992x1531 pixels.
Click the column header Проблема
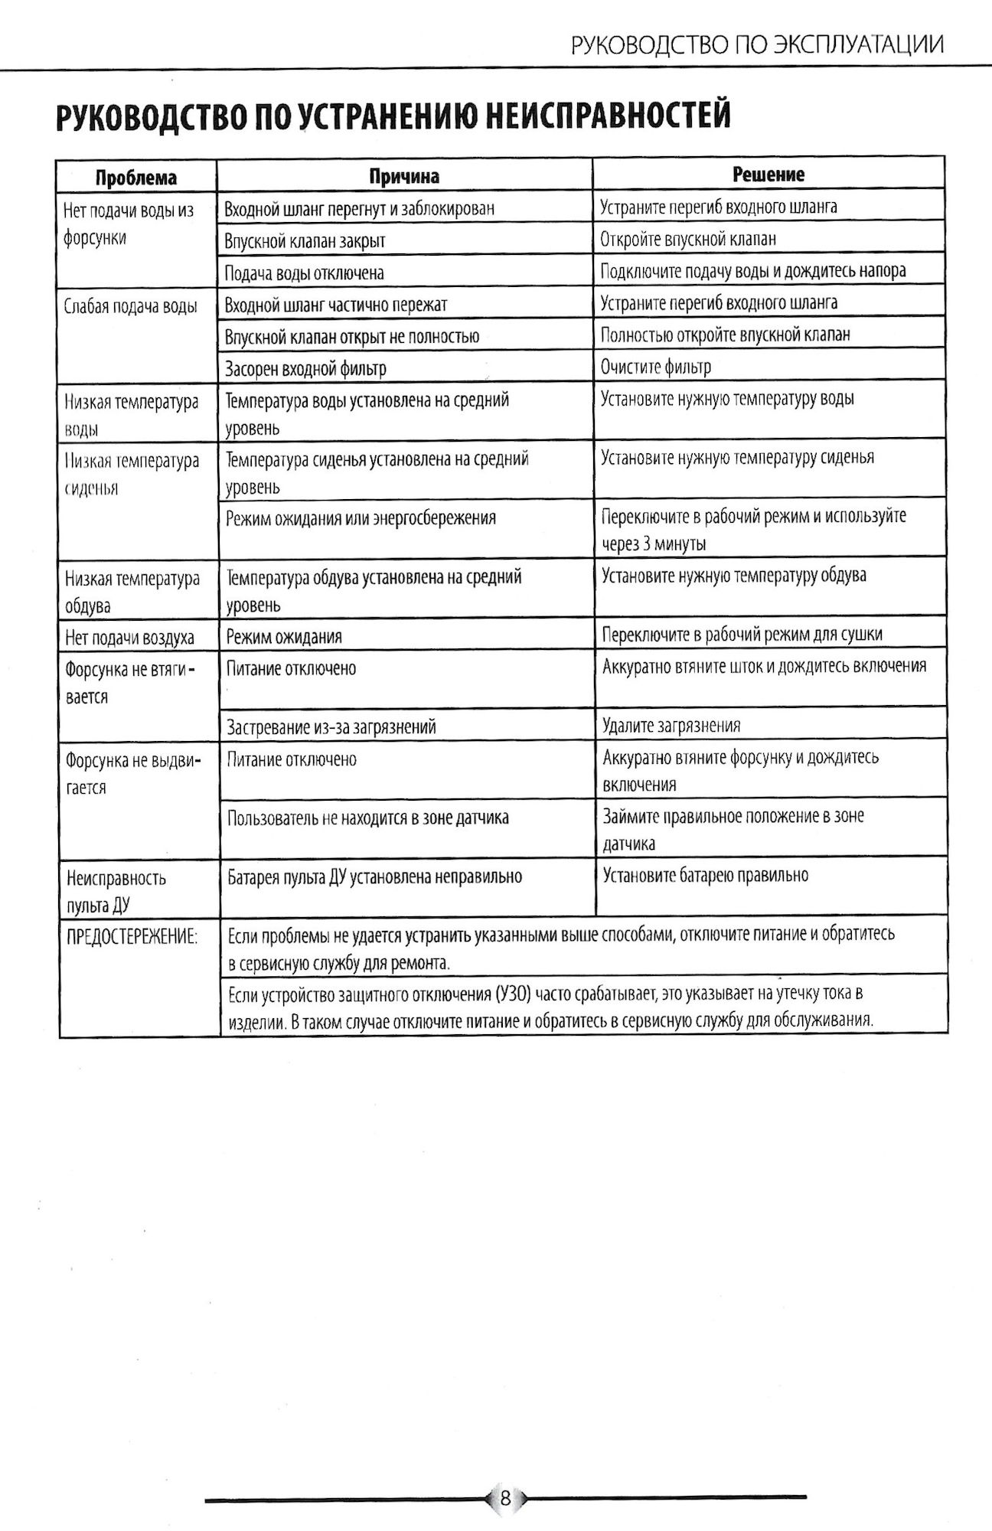[135, 178]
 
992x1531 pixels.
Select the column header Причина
[404, 176]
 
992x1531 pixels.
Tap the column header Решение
[768, 175]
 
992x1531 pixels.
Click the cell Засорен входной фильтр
[305, 369]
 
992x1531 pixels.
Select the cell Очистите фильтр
[656, 367]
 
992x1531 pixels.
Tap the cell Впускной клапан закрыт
[305, 241]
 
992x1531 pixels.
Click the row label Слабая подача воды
[130, 306]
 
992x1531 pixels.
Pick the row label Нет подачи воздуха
[129, 637]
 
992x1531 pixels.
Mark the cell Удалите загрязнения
[671, 726]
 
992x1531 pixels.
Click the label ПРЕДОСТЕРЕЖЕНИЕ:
[132, 935]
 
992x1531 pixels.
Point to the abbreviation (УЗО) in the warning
[513, 995]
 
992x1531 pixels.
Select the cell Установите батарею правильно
[705, 875]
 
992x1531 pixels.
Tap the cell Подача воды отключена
[304, 273]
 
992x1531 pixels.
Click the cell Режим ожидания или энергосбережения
[361, 518]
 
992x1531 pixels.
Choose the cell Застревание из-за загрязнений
[331, 726]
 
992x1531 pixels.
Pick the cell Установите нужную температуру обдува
[734, 575]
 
